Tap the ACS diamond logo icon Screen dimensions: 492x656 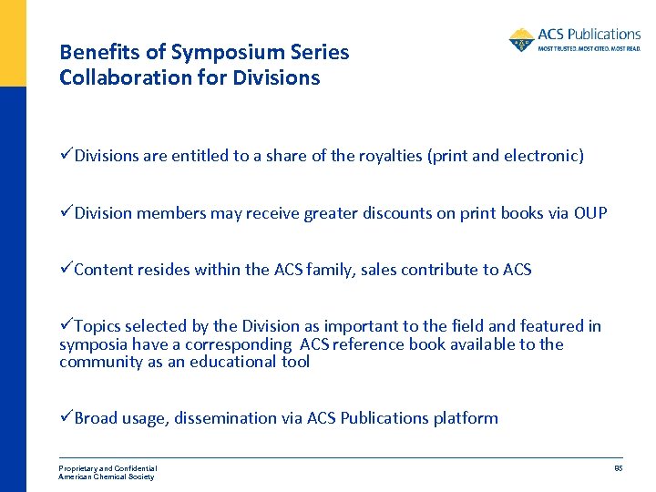pos(522,40)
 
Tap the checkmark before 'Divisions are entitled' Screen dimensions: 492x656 pos(66,156)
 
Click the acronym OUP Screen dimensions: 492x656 pos(590,213)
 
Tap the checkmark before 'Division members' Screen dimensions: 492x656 pos(66,213)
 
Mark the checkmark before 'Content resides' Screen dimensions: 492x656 pos(66,270)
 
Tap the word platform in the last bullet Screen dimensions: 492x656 pos(466,418)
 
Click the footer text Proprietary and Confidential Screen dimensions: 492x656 pos(108,468)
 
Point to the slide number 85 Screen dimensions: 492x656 pos(618,468)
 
